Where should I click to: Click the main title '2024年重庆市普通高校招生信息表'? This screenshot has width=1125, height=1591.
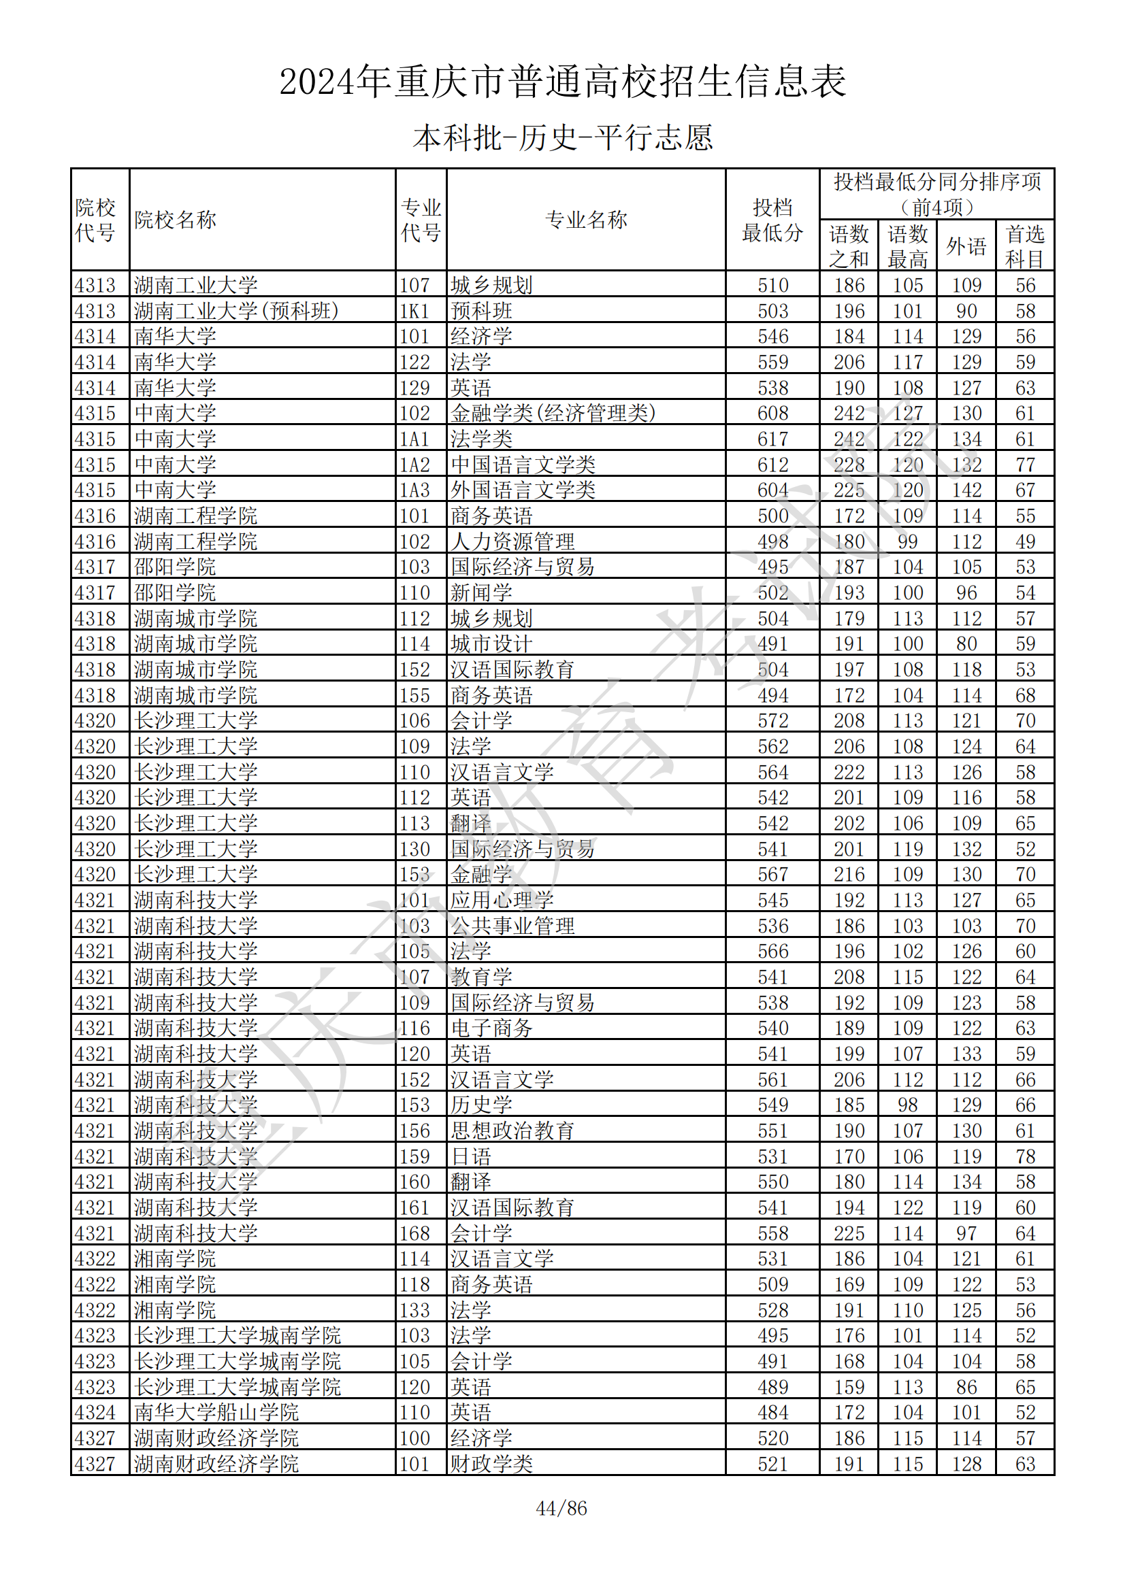[562, 82]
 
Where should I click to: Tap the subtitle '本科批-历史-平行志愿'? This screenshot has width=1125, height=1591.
[562, 138]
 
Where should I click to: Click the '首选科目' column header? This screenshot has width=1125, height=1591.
[1024, 246]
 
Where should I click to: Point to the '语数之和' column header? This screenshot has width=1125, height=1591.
[849, 246]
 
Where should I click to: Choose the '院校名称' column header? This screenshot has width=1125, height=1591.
[176, 220]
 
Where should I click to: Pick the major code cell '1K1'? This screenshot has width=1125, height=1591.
[414, 311]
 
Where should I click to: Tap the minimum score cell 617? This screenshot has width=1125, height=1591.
[772, 439]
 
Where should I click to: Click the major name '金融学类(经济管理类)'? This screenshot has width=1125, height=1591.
[553, 414]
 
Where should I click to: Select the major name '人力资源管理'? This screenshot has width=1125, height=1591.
[512, 542]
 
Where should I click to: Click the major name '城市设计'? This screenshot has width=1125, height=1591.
[491, 644]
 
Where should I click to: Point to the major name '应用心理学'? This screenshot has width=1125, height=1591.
[502, 901]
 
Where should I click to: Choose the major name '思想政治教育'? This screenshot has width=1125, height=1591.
[512, 1132]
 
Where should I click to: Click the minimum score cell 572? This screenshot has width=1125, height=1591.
[772, 721]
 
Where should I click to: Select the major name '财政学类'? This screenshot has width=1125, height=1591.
[491, 1465]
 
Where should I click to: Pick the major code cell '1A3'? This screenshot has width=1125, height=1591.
[414, 490]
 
